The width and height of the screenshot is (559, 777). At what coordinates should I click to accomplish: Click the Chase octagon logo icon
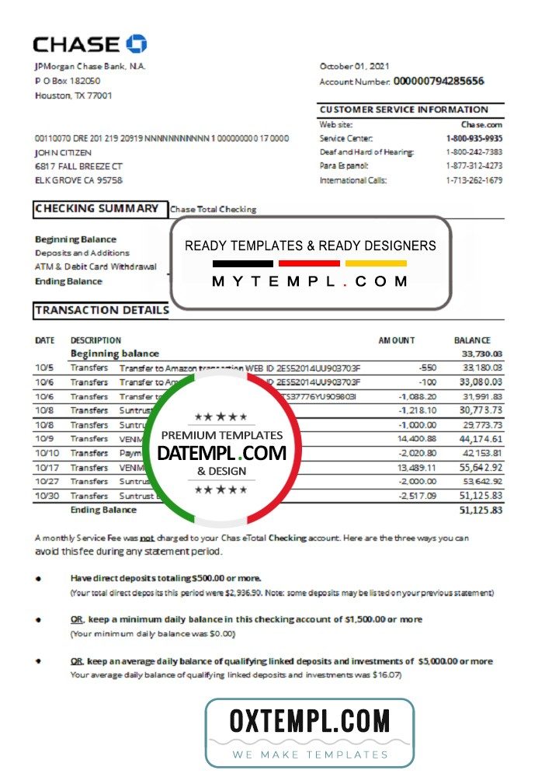tap(136, 44)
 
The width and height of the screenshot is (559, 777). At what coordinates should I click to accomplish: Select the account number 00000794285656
tap(439, 81)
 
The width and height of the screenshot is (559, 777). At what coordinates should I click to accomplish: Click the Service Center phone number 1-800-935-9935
tap(474, 138)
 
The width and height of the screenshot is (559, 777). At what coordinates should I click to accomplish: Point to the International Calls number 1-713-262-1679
tap(474, 180)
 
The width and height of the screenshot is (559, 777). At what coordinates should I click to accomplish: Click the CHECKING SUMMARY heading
tap(97, 208)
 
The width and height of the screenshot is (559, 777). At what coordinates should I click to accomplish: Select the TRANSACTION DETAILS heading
tap(102, 310)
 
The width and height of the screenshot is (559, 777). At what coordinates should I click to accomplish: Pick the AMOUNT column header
tap(397, 340)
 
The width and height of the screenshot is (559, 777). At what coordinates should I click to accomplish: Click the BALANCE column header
tap(472, 340)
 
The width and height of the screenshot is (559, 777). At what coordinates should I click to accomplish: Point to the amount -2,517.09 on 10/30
tap(418, 496)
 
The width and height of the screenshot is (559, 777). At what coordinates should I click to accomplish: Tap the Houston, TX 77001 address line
tap(74, 96)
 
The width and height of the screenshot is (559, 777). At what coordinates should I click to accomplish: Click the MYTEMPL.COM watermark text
tap(310, 281)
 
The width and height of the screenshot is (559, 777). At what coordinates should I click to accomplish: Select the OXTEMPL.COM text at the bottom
tap(309, 722)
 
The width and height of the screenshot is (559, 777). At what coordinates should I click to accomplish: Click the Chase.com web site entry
tap(481, 124)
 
